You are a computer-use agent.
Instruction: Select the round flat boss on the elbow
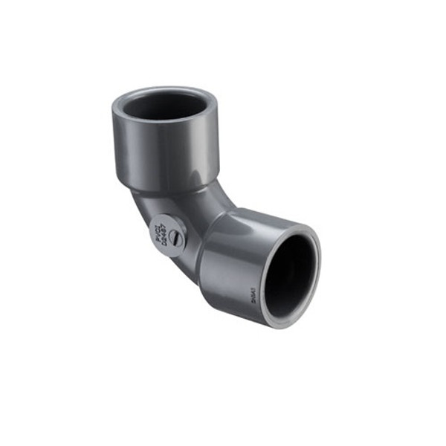[167, 233]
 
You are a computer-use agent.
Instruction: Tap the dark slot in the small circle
[174, 238]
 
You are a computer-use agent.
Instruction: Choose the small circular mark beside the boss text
[174, 238]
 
